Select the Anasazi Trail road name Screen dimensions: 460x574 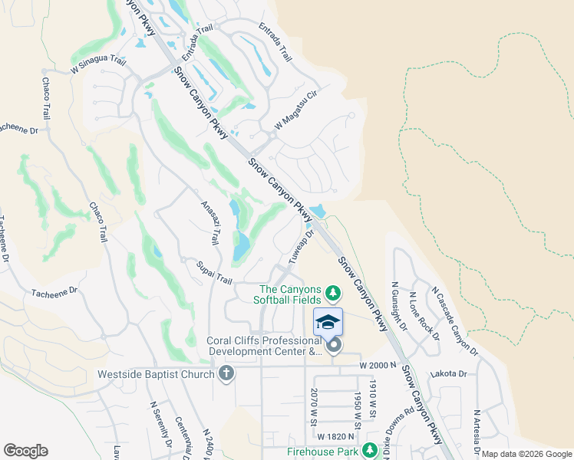pos(210,223)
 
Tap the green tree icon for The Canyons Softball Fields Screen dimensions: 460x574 pos(333,292)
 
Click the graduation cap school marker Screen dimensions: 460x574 pos(328,321)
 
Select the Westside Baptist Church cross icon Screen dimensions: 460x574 pos(226,374)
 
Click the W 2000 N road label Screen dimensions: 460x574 pos(379,366)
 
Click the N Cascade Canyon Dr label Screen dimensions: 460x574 pos(455,322)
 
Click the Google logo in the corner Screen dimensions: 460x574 pos(25,451)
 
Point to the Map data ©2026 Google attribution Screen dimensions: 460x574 pos(526,454)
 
